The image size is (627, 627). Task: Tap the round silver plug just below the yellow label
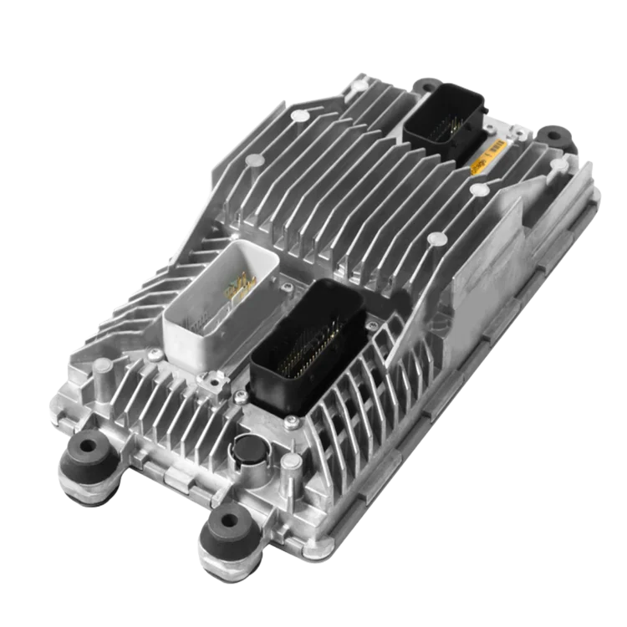(x=479, y=189)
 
